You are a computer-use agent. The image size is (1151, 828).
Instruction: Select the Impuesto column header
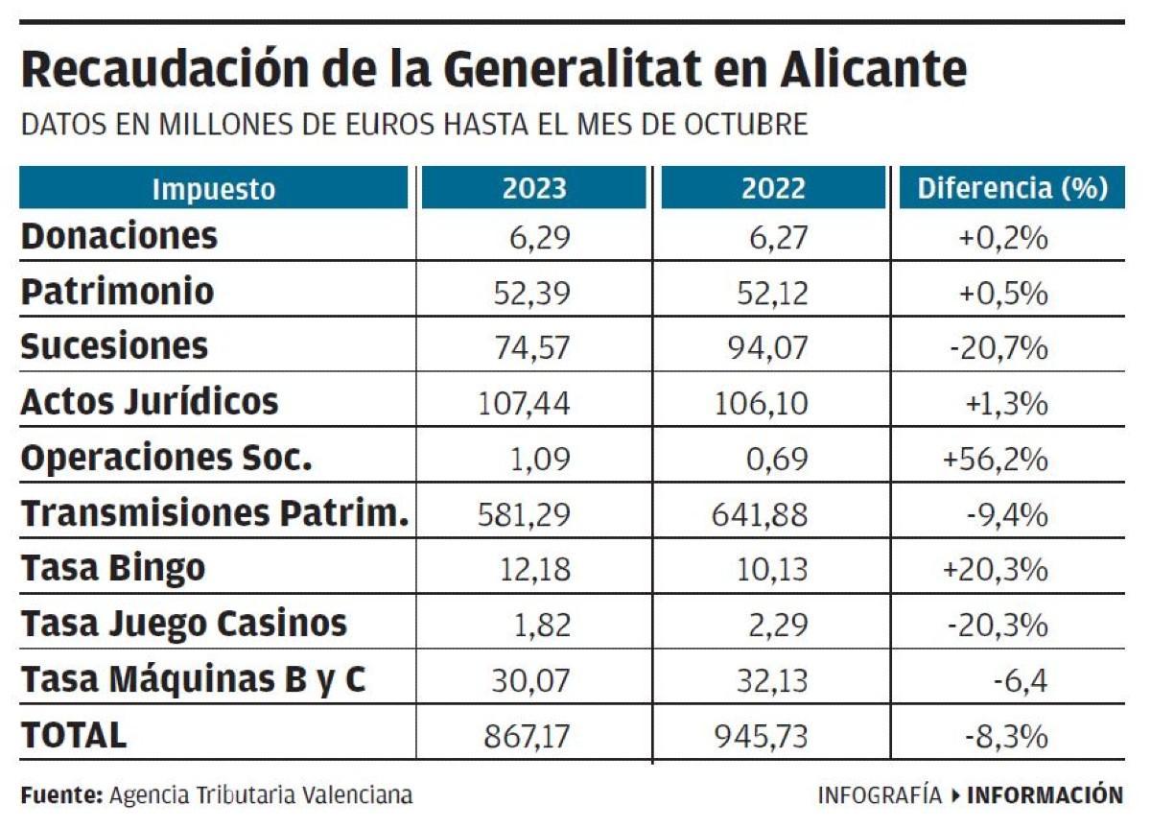(213, 188)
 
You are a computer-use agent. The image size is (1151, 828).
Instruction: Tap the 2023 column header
(534, 188)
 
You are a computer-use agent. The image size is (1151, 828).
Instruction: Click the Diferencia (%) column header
(1013, 188)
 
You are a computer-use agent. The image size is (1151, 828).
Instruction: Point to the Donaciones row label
(119, 236)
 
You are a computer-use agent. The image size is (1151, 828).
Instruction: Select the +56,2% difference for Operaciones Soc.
(995, 460)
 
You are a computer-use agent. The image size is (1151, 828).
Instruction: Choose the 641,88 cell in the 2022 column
(761, 515)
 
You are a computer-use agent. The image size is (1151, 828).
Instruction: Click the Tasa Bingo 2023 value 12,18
(534, 570)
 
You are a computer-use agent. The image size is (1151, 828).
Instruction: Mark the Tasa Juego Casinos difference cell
(998, 626)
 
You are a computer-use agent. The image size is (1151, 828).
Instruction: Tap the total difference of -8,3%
(1005, 737)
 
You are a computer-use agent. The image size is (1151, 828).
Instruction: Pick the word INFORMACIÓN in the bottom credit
(1045, 795)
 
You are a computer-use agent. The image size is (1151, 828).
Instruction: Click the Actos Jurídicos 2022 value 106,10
(761, 403)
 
